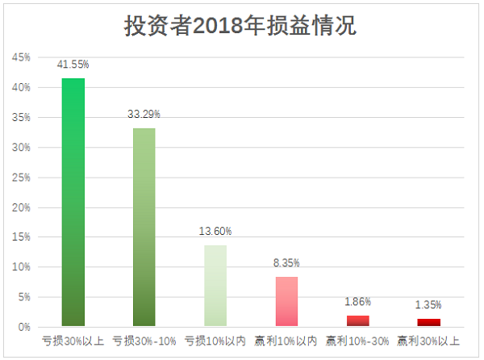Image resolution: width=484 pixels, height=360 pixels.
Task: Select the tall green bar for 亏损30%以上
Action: (73, 202)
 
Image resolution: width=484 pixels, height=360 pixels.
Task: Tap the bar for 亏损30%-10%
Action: (144, 227)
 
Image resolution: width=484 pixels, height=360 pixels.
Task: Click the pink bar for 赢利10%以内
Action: (286, 301)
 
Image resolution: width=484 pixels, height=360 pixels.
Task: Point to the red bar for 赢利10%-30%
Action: (357, 320)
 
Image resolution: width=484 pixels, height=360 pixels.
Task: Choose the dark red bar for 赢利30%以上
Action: (428, 322)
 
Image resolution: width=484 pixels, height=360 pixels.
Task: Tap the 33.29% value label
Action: (144, 115)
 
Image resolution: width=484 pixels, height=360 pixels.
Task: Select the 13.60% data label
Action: (215, 232)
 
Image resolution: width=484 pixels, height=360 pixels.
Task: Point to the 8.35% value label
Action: (286, 263)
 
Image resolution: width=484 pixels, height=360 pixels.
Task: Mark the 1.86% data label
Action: (357, 302)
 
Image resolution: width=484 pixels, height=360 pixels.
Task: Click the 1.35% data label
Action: (428, 305)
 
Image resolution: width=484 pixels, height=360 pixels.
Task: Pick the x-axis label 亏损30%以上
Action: (73, 341)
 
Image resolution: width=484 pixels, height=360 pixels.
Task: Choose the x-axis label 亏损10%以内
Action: (215, 341)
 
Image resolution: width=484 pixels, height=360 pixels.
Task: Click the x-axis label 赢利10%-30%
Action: (357, 341)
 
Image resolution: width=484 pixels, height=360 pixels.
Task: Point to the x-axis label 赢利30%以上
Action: (428, 341)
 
